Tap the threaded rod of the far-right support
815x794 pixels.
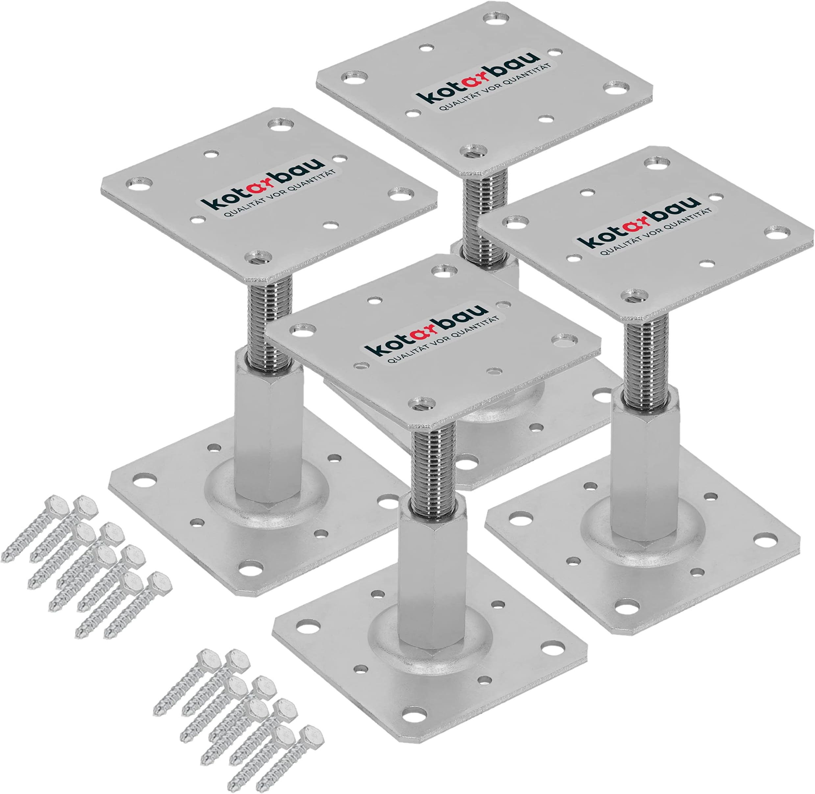click(x=646, y=359)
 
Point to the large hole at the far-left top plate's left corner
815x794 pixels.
click(x=140, y=184)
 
